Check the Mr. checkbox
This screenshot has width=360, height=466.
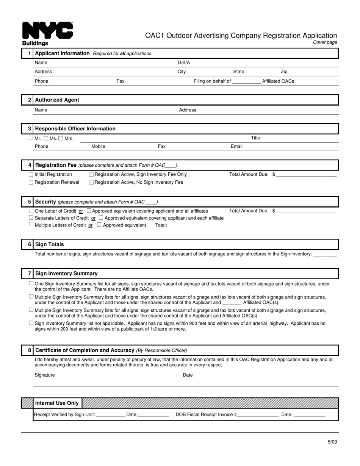(x=31, y=138)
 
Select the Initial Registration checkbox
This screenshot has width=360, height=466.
(x=31, y=175)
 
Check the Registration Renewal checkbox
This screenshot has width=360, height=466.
(x=31, y=183)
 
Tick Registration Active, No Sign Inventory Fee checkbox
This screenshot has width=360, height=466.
(x=91, y=183)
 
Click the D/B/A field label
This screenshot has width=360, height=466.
(x=184, y=63)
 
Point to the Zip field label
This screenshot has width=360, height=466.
(x=284, y=72)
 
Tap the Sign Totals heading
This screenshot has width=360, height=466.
(x=49, y=245)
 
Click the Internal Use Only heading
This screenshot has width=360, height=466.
(x=57, y=403)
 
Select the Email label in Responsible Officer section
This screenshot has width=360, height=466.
(x=236, y=147)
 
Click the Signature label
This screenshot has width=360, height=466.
(x=45, y=375)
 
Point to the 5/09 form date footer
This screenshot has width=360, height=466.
(x=332, y=442)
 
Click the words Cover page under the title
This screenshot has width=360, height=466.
(x=325, y=42)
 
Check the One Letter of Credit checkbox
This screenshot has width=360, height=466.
(x=31, y=211)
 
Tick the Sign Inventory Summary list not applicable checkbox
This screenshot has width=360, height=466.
(x=31, y=323)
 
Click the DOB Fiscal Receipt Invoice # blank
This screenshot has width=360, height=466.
(x=258, y=415)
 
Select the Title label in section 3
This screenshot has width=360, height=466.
(x=255, y=138)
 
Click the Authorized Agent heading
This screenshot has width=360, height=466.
(x=57, y=100)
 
